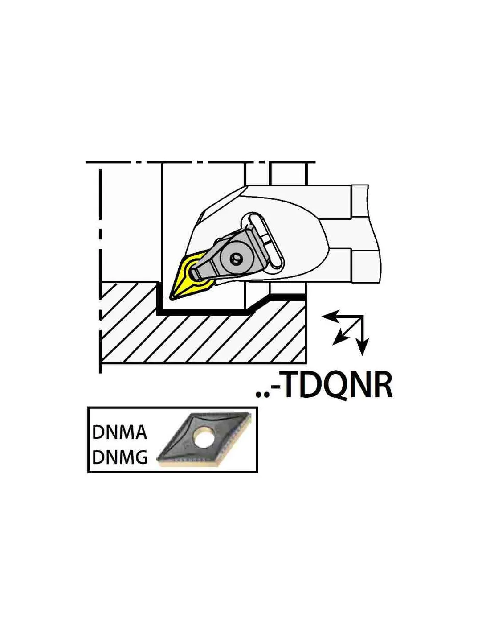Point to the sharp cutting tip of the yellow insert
[x=171, y=297]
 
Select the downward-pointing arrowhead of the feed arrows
[x=362, y=346]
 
